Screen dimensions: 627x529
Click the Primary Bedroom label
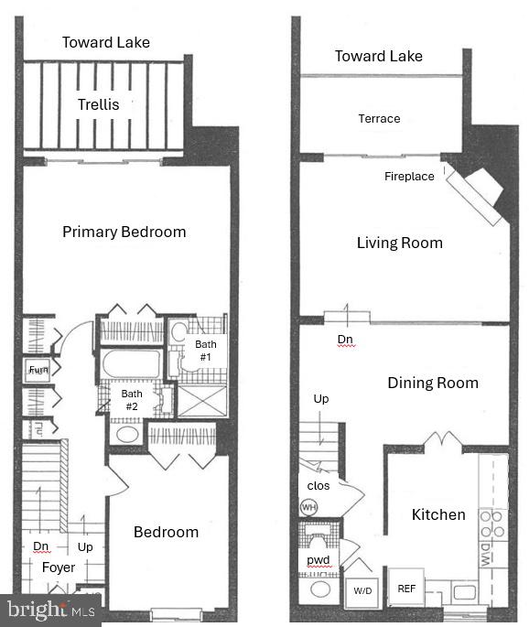(x=124, y=232)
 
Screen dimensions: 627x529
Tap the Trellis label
(x=97, y=104)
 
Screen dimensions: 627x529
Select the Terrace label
(x=379, y=118)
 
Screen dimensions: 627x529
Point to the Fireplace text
(x=409, y=176)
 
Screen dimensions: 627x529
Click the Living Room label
(x=399, y=243)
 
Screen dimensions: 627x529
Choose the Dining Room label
(x=432, y=383)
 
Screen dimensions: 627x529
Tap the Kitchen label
(x=438, y=514)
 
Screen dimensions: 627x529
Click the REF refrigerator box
(x=405, y=589)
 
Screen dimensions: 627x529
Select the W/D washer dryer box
(x=363, y=591)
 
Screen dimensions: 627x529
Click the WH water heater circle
(x=308, y=506)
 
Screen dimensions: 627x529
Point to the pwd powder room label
(x=318, y=560)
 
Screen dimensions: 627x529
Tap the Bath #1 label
(x=204, y=350)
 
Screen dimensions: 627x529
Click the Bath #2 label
(x=131, y=400)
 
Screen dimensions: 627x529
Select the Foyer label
(x=59, y=568)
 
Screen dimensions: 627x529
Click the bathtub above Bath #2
(x=130, y=363)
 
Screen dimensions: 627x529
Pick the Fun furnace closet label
(x=38, y=370)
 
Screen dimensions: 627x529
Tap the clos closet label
(x=317, y=485)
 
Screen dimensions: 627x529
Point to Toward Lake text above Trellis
(x=105, y=42)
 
